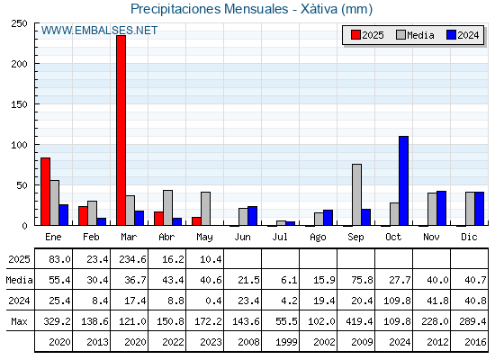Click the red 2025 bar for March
point(121,130)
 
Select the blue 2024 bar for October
point(403,181)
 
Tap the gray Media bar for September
point(356,194)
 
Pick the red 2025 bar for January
point(45,192)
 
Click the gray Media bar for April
point(167,208)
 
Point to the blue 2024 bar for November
point(441,208)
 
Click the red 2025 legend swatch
point(355,35)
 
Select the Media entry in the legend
point(415,35)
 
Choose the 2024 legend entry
point(463,35)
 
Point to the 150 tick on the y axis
point(19,104)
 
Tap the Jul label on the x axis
point(280,237)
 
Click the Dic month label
point(469,237)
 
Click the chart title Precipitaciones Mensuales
point(209,9)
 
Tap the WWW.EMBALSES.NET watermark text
point(99,31)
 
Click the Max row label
point(19,321)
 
